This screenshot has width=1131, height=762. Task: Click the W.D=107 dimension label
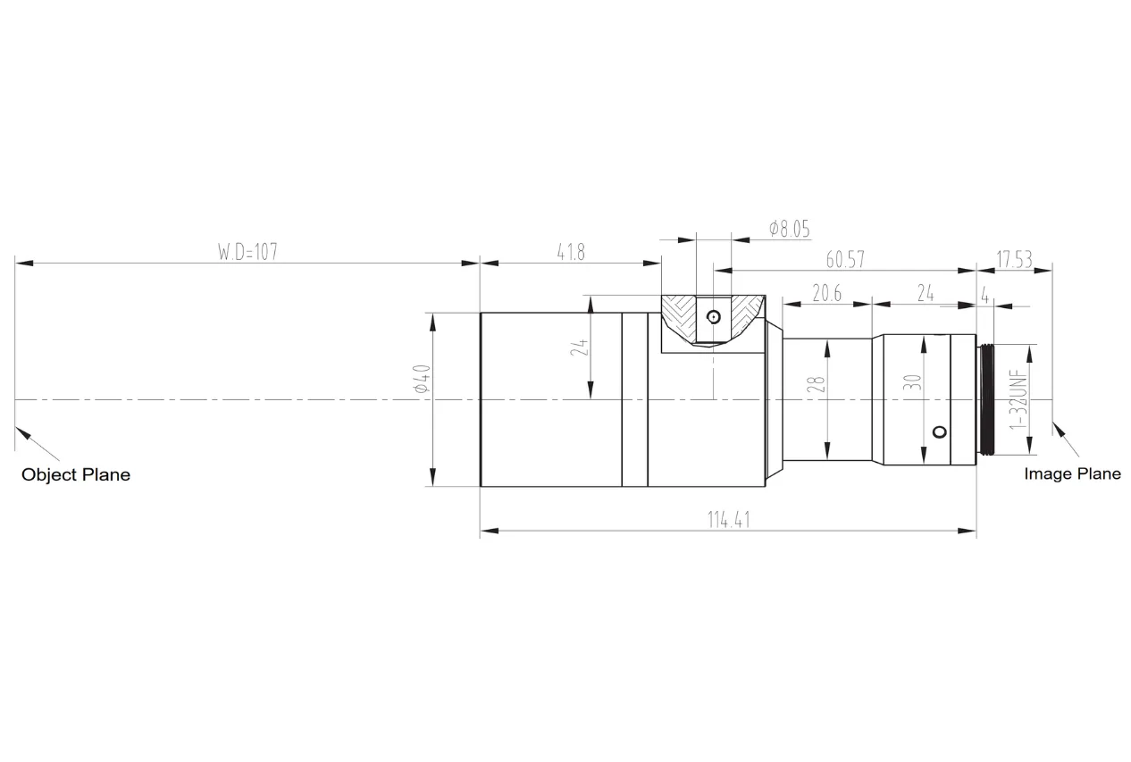247,252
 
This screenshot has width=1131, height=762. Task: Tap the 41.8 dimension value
571,252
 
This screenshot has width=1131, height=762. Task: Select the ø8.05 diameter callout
789,229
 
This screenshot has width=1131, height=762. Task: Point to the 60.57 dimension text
845,259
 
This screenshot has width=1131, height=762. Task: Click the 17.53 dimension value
1014,259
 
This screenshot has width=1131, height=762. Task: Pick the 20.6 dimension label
826,293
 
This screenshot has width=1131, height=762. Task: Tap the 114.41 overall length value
729,520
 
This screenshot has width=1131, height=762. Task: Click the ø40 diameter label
422,378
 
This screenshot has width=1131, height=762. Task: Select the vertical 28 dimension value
816,384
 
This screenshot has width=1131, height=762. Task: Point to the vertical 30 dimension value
912,381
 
